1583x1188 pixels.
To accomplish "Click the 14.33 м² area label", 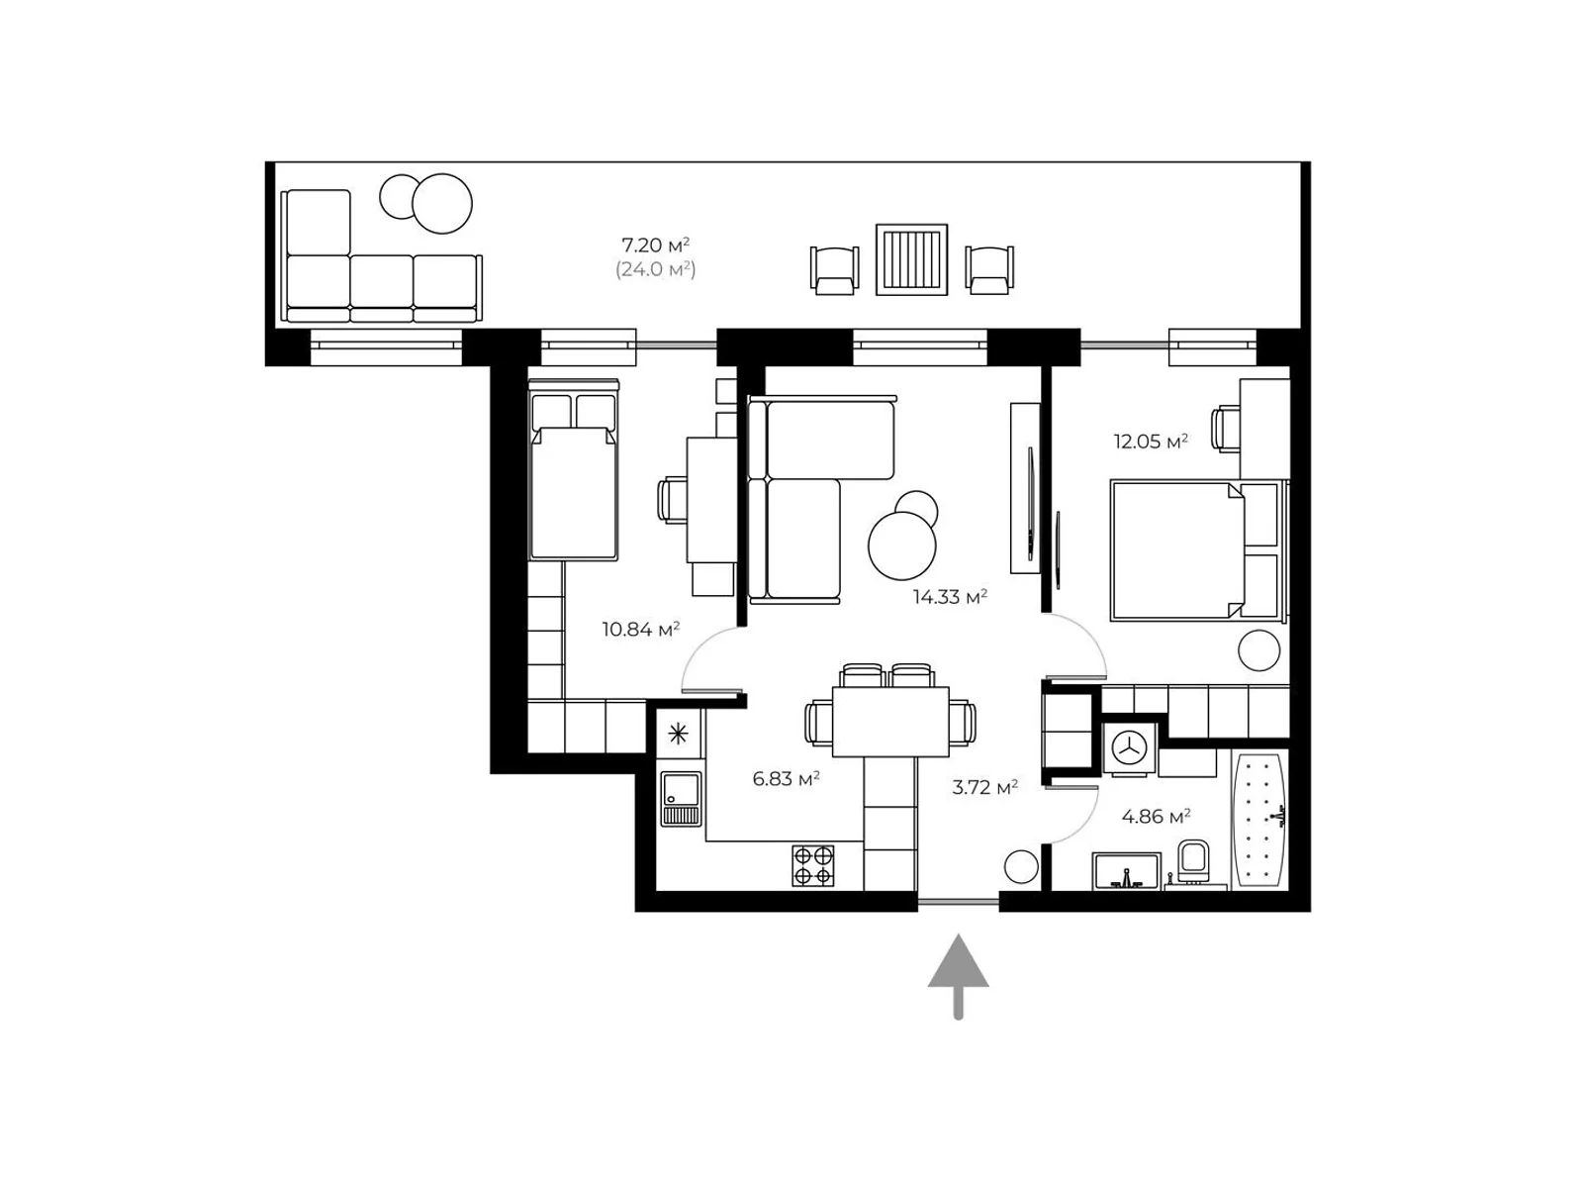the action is point(949,597).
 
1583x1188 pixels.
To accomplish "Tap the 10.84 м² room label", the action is point(640,629).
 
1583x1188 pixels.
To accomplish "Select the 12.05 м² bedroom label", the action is point(1151,441).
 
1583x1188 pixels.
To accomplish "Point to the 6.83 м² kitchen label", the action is point(786,778).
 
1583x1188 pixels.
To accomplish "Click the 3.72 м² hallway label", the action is point(984,787).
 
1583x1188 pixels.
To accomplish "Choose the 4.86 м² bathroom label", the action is point(1156,817).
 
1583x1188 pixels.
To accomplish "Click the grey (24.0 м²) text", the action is point(656,269).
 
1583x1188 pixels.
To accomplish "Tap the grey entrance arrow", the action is point(958,977).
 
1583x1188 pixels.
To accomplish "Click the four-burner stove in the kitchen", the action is point(813,865).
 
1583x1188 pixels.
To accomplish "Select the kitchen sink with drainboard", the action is point(681,799).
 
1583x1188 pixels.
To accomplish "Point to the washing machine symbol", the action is point(1129,748).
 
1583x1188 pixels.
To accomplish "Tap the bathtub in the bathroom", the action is point(1260,820).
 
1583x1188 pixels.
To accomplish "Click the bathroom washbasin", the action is point(1126,871).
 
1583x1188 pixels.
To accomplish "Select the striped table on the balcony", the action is point(911,259).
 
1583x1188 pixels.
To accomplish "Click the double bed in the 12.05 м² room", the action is point(1198,551).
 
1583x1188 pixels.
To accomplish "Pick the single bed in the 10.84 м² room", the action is point(574,469).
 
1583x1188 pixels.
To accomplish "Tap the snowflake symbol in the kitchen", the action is point(678,735).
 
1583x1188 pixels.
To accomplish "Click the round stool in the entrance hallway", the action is point(1021,866).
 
